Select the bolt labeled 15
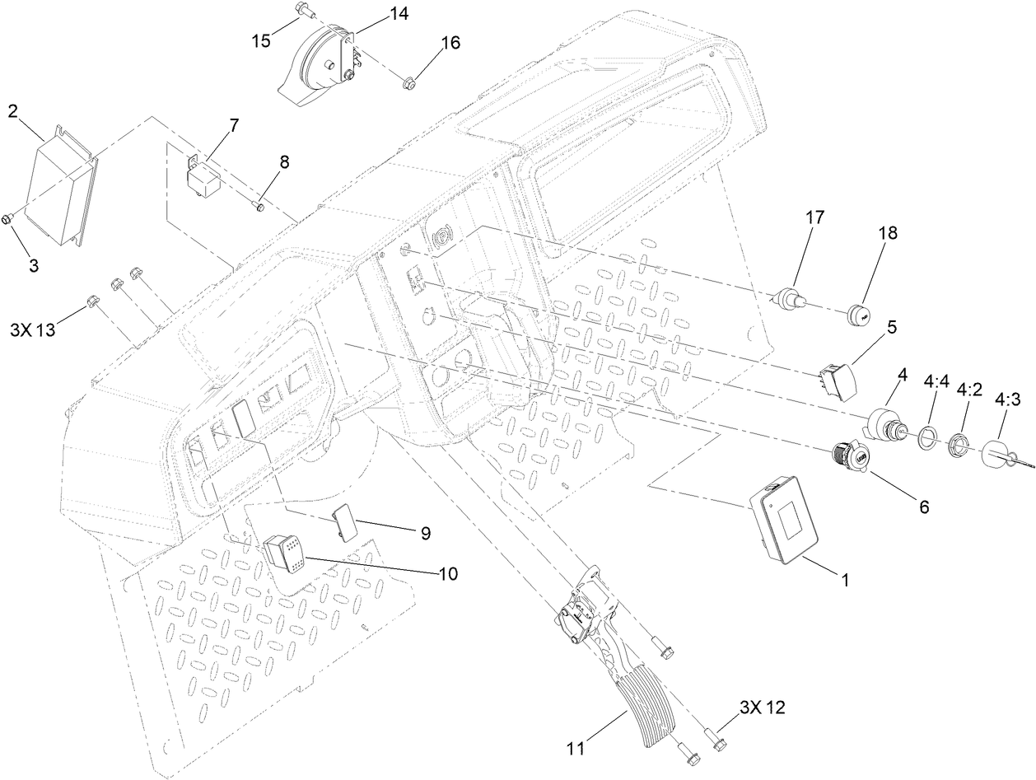pyautogui.click(x=301, y=11)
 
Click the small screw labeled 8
pyautogui.click(x=258, y=205)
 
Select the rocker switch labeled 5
pyautogui.click(x=838, y=380)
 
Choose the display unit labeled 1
pyautogui.click(x=785, y=521)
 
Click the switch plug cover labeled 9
pyautogui.click(x=344, y=521)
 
